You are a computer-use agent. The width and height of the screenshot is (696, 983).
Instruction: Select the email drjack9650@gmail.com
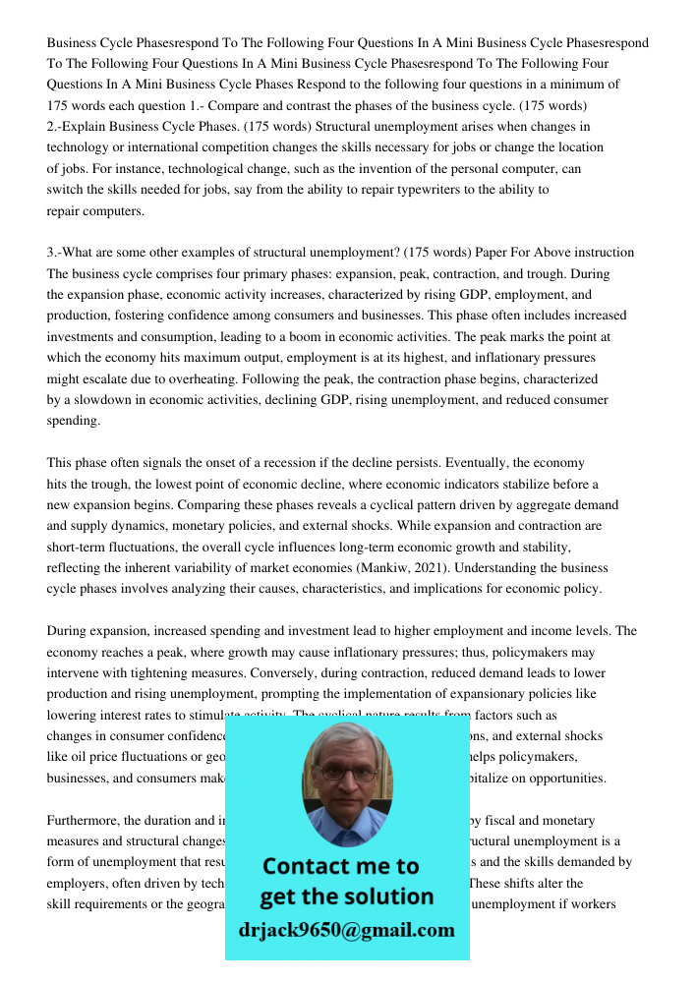click(x=346, y=930)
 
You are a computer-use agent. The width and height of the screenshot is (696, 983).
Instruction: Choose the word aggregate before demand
click(x=550, y=505)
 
